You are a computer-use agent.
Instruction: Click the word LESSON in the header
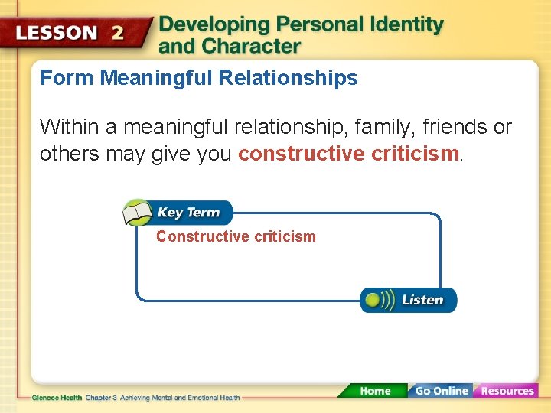point(58,33)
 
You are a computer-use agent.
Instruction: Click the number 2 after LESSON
point(118,33)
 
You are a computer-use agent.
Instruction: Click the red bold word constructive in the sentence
point(301,154)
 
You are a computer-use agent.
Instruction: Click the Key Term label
point(188,213)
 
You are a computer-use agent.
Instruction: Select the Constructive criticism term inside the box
point(236,237)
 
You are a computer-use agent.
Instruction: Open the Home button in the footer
point(375,391)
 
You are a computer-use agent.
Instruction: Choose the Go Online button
point(442,391)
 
